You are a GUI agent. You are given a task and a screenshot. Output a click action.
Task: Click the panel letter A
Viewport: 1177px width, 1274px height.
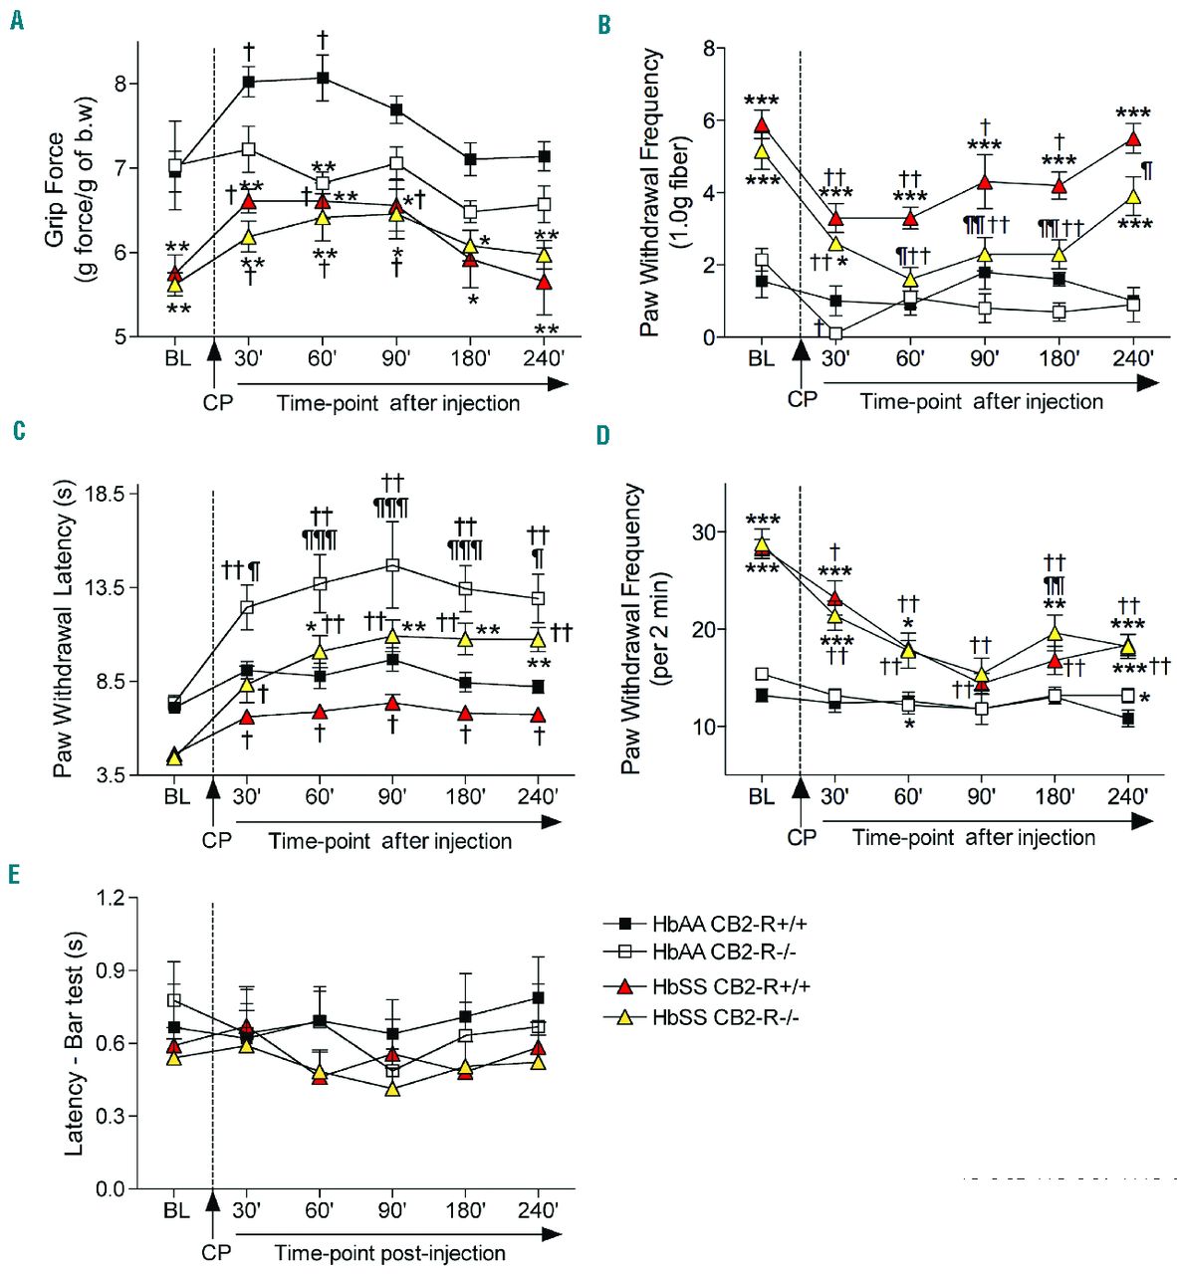(17, 20)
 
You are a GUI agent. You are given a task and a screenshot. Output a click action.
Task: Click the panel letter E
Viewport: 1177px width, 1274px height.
(14, 873)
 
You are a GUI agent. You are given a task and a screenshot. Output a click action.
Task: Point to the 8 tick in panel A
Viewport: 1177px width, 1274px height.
(120, 84)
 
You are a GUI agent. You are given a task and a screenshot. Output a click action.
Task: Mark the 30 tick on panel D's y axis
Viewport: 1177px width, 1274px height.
(704, 532)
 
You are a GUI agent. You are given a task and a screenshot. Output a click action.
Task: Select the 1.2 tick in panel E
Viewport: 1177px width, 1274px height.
(111, 898)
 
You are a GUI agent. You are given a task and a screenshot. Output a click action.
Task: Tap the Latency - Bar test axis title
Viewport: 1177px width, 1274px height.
(74, 1043)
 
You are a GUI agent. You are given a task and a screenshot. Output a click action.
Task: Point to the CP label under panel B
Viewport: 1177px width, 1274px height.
(802, 400)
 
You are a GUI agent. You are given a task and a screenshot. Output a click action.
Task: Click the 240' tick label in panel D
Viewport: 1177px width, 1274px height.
(1127, 796)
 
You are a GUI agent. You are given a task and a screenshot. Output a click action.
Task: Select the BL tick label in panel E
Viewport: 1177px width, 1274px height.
(176, 1210)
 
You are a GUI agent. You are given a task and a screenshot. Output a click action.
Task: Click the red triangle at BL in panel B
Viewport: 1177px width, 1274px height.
(762, 125)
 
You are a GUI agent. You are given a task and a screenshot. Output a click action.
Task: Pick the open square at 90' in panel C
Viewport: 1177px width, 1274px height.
(392, 565)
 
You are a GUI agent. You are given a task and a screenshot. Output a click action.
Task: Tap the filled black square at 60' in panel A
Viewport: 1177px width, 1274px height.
(323, 78)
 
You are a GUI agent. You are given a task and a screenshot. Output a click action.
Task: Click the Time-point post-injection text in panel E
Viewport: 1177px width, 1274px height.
(389, 1253)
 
